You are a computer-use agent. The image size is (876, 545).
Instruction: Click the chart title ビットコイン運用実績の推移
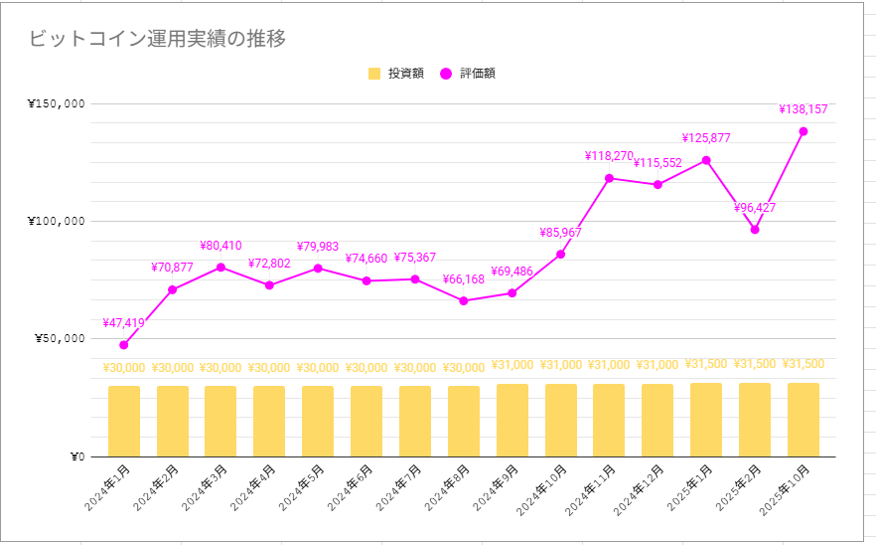[158, 39]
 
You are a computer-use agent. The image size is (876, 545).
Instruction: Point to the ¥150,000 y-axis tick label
[56, 103]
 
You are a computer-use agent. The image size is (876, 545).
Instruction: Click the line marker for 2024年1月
[124, 345]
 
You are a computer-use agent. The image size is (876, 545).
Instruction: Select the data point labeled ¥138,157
[803, 131]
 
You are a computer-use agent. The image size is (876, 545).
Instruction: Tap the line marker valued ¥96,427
[755, 230]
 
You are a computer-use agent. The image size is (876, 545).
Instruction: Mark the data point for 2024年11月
[610, 178]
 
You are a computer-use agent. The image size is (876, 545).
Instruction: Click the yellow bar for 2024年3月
[220, 421]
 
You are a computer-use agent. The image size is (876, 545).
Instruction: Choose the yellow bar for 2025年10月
[803, 420]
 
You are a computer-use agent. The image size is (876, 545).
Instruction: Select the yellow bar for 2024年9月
[512, 420]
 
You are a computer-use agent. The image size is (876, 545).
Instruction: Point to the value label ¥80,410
[220, 246]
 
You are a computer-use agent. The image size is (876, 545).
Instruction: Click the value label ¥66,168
[464, 279]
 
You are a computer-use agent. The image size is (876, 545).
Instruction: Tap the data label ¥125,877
[706, 138]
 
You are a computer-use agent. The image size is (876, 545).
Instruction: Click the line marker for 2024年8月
[464, 300]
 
